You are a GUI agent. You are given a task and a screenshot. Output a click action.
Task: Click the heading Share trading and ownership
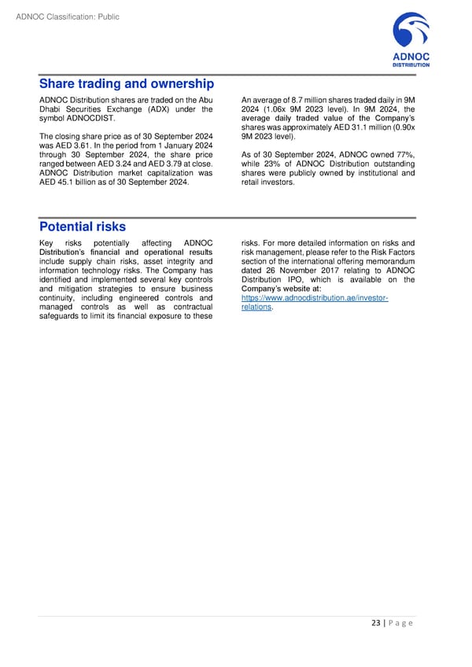pos(127,83)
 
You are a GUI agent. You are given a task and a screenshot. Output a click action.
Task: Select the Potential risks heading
pos(83,227)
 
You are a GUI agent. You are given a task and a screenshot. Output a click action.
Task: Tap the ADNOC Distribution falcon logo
pos(411,35)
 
